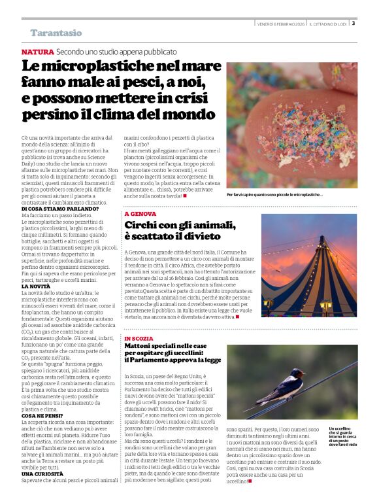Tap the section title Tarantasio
tap(56, 33)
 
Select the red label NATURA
tap(37, 51)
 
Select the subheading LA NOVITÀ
tap(35, 286)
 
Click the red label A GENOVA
tap(140, 215)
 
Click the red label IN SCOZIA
tap(140, 339)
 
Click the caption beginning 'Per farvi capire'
tap(274, 195)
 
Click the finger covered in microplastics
tap(288, 131)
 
